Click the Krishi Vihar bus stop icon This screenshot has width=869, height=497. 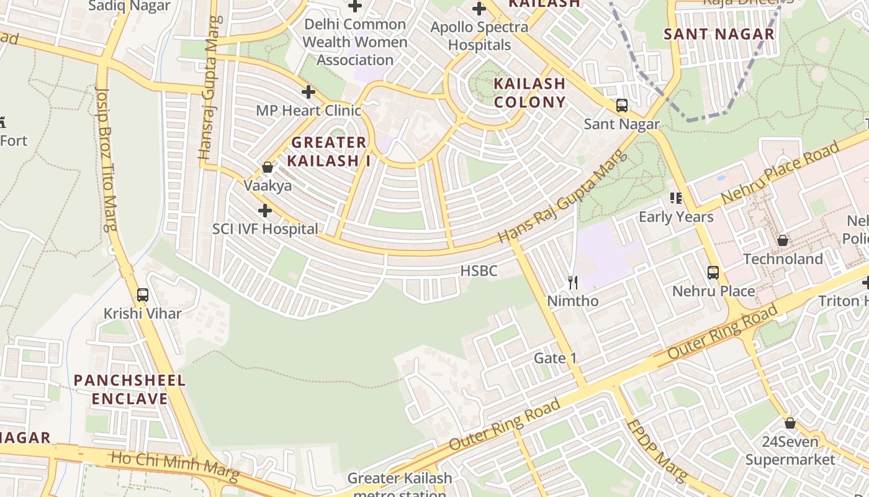(143, 295)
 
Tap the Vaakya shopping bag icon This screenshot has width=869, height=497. (268, 167)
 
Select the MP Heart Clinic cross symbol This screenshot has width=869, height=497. (308, 93)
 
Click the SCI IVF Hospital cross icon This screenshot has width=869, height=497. (265, 211)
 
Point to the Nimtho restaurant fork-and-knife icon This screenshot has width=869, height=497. (573, 283)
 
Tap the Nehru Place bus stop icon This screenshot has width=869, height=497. (713, 272)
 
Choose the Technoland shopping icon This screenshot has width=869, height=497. (783, 240)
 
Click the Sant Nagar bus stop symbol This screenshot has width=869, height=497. (622, 106)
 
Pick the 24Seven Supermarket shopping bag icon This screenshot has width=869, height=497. (790, 423)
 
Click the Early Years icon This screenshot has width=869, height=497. (676, 198)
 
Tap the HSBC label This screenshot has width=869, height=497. (479, 271)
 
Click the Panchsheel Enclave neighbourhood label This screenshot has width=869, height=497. (130, 390)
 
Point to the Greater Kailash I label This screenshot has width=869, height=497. (328, 152)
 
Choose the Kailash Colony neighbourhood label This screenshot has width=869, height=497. (529, 93)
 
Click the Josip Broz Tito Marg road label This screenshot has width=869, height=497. (107, 158)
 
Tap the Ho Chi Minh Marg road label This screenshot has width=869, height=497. (174, 467)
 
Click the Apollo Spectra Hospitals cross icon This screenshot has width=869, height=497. (479, 9)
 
